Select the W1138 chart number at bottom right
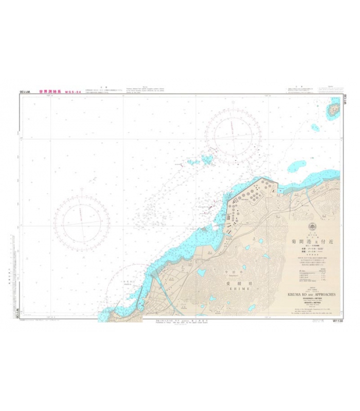pos(338,320)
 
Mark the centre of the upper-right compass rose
pos(233,135)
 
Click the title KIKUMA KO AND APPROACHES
pos(308,295)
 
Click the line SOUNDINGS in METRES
pos(309,300)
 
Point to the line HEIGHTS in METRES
pos(309,305)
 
